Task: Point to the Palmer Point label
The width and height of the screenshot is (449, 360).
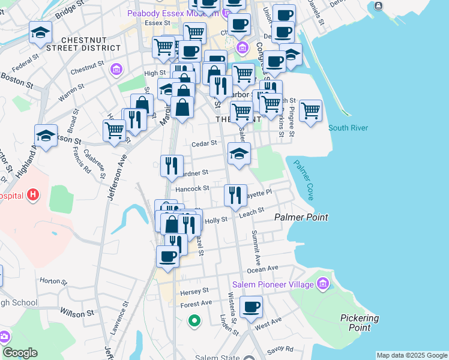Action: (301, 217)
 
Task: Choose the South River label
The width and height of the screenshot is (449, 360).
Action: (348, 128)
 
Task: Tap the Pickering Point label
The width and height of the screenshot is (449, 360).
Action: (359, 323)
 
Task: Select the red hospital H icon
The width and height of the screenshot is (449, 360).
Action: (34, 195)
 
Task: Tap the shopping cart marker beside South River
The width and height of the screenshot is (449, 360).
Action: (310, 111)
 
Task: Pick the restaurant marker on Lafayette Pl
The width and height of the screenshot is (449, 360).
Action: (235, 195)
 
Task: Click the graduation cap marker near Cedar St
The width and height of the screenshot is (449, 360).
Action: (239, 154)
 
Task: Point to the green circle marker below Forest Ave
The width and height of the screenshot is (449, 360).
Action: (193, 322)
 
